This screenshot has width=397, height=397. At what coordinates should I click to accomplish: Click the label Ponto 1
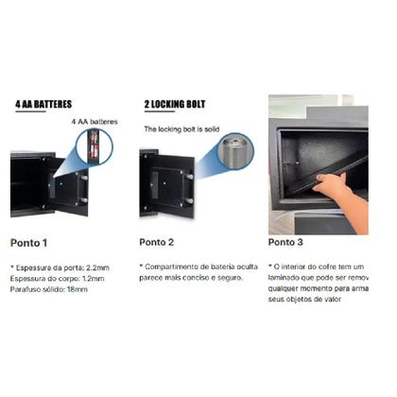33,242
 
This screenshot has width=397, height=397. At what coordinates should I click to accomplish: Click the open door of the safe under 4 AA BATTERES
68,189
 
